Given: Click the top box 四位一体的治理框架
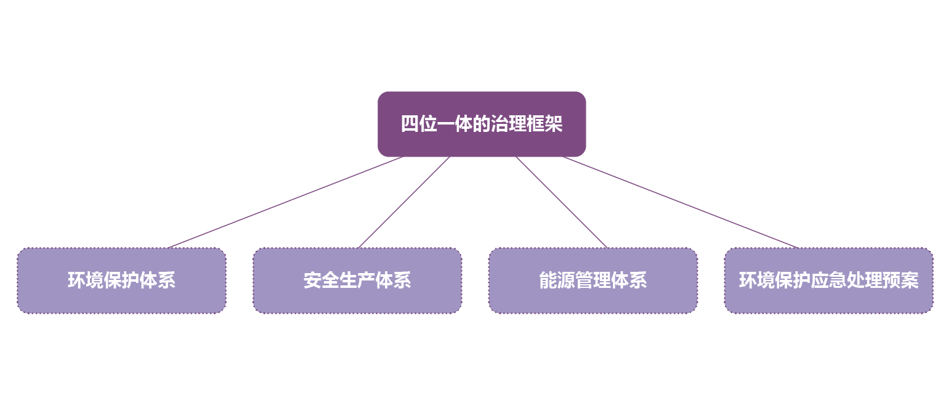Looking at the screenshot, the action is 482,124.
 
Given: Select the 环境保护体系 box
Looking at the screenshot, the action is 121,280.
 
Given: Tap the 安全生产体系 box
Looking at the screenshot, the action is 357,280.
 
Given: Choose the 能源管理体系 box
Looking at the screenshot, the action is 593,280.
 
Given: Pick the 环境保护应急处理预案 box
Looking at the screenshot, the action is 828,280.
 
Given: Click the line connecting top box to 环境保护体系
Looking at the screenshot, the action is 285,202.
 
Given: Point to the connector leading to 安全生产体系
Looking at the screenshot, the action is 404,202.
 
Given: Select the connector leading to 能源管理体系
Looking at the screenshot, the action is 561,202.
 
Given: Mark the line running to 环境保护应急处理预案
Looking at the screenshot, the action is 680,202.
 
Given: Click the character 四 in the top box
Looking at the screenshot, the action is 410,124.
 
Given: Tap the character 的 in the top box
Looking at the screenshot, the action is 482,124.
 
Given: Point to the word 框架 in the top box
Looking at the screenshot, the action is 544,124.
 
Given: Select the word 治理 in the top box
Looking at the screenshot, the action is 509,124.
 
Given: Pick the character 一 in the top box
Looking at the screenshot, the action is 446,124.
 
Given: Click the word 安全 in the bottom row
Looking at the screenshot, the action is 322,280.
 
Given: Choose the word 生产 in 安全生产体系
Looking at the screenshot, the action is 357,280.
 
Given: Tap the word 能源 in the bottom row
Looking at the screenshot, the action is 557,280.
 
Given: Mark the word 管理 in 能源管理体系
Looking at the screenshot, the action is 593,280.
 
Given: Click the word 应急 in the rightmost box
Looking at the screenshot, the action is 828,280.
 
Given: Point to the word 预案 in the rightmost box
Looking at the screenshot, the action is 900,280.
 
